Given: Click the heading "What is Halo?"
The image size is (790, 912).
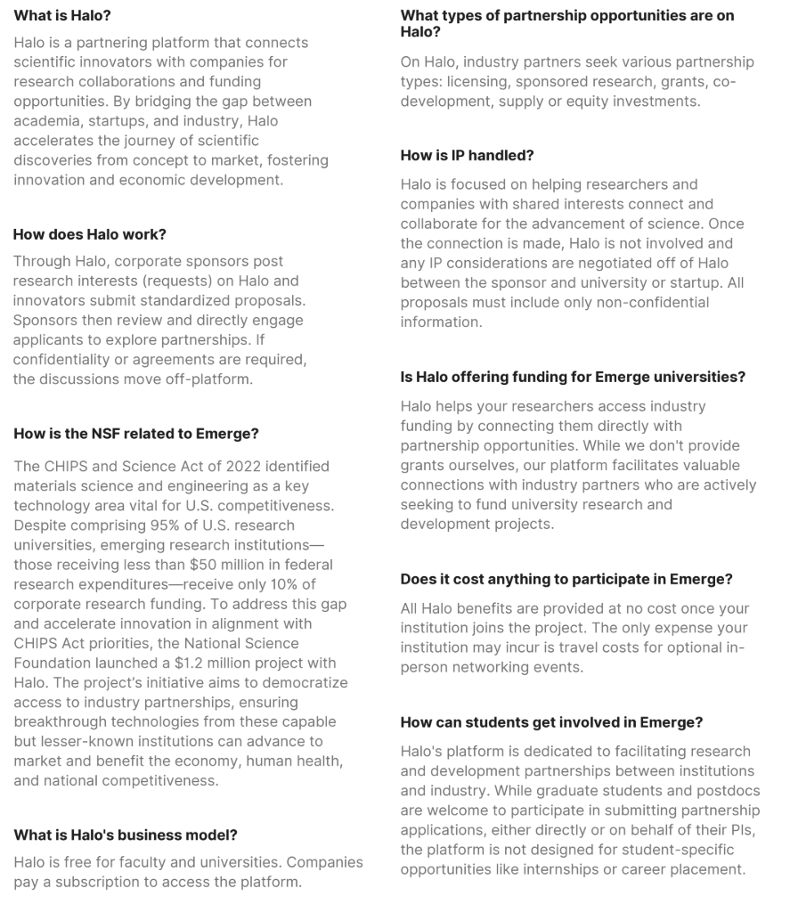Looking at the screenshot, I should pyautogui.click(x=62, y=15).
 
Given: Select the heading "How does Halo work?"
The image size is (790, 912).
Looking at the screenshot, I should pyautogui.click(x=90, y=234).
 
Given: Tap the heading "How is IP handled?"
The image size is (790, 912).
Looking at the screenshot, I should pyautogui.click(x=467, y=155).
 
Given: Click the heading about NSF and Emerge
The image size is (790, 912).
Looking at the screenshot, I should pyautogui.click(x=136, y=434).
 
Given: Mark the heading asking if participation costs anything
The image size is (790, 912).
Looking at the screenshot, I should pyautogui.click(x=566, y=579).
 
